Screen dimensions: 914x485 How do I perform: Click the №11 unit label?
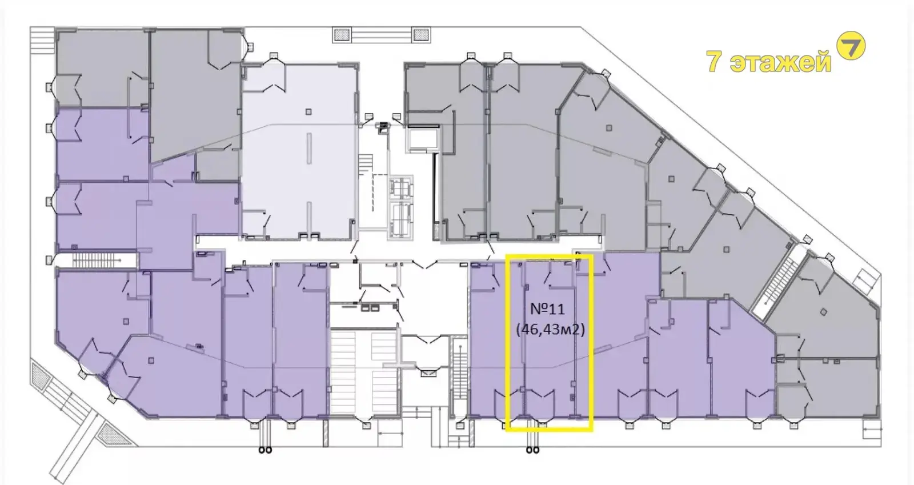(547, 309)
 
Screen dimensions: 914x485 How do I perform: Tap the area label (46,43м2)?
(551, 329)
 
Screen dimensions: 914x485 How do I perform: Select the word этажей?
(780, 62)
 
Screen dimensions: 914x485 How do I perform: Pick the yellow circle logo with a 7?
(851, 45)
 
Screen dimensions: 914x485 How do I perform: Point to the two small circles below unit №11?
(532, 450)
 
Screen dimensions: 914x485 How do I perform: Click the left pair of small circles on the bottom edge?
(265, 450)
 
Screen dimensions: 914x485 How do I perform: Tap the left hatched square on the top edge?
(342, 35)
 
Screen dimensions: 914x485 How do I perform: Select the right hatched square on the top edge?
(420, 35)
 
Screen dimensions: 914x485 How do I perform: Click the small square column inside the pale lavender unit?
(308, 112)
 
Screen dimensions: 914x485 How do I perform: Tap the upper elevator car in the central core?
(400, 188)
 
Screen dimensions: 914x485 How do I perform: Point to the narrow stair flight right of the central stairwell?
(459, 372)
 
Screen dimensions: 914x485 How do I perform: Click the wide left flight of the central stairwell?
(343, 372)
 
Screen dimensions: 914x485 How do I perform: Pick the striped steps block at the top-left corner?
(42, 38)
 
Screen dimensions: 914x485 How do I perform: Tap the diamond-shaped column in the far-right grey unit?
(823, 312)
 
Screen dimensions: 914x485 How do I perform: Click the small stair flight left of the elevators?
(366, 164)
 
